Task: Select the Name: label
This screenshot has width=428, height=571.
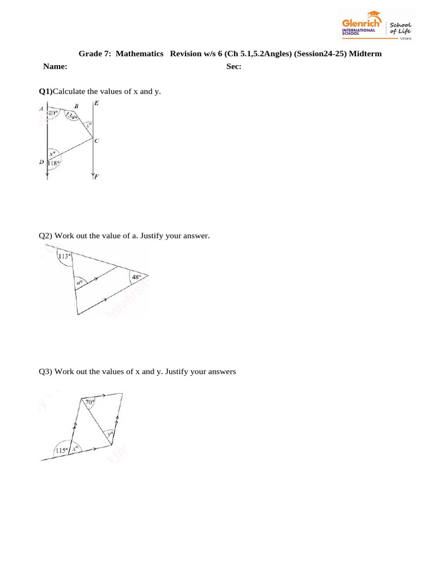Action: pos(55,66)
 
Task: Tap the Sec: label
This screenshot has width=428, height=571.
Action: pos(234,66)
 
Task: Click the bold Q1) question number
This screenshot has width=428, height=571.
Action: pos(45,91)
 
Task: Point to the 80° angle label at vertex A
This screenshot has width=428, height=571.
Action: pos(53,113)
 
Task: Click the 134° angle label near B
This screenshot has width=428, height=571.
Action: pos(72,116)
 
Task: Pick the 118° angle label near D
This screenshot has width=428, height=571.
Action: pos(54,163)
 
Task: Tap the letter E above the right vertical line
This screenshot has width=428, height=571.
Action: pos(97,103)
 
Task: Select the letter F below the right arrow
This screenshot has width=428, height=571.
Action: pos(96,177)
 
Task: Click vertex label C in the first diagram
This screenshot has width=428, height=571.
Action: pos(96,141)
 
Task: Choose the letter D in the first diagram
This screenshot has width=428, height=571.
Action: pos(41,162)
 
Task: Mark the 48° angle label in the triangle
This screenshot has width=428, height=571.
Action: pos(135,277)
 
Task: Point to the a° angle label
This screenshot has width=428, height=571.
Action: pos(79,283)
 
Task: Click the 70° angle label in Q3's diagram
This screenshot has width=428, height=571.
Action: pos(90,401)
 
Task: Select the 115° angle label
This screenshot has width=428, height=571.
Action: pos(62,450)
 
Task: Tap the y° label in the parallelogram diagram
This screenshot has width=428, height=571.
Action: pos(111,433)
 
